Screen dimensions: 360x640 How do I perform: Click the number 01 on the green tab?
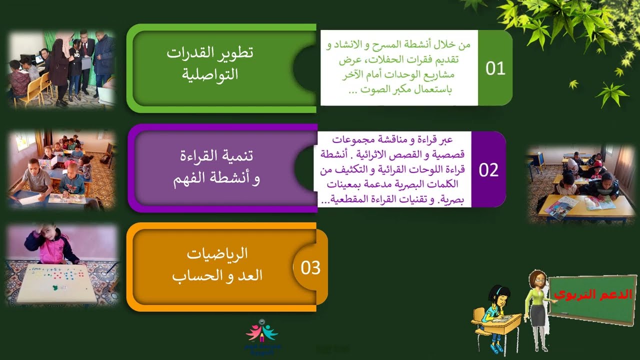point(495,68)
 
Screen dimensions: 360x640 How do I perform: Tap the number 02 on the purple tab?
point(488,170)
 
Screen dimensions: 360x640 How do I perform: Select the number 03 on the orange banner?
point(310,268)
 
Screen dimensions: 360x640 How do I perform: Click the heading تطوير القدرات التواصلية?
point(210,64)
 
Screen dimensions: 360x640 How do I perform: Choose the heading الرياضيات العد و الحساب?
point(217,265)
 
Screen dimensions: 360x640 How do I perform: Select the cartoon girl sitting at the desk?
point(495,317)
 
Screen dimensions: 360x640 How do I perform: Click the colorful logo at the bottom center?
point(262,334)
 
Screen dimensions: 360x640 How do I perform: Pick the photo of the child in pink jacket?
point(62,264)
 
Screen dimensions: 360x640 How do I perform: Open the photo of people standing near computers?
point(62,69)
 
